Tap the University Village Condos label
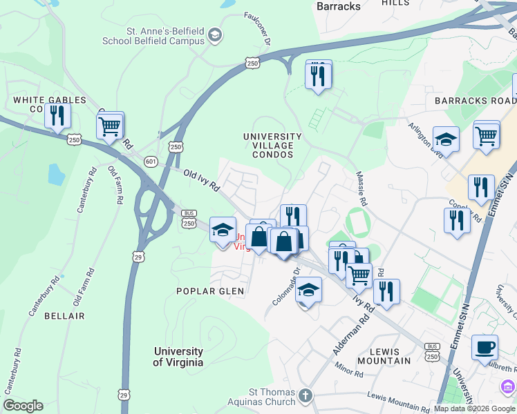[272, 141]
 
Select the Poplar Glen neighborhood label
[210, 291]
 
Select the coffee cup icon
[485, 347]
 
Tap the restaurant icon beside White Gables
[57, 115]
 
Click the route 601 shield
[151, 161]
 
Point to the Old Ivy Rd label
[201, 180]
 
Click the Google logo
[23, 406]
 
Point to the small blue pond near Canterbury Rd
[56, 175]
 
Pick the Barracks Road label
[476, 101]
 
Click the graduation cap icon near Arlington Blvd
[446, 139]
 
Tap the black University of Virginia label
[178, 357]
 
